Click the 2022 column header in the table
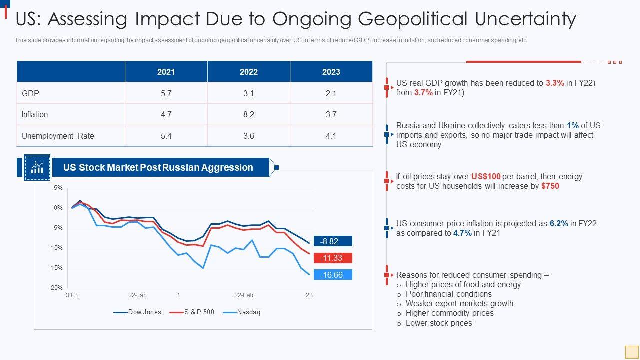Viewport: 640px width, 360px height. pyautogui.click(x=248, y=72)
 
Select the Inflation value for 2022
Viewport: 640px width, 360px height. pyautogui.click(x=248, y=114)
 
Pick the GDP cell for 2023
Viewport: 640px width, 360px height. pyautogui.click(x=331, y=93)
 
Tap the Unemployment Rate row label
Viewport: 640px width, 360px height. pyautogui.click(x=58, y=136)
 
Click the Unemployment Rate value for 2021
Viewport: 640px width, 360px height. pyautogui.click(x=166, y=136)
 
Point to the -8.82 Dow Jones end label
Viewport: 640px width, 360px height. pyautogui.click(x=333, y=241)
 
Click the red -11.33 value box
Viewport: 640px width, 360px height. pyautogui.click(x=333, y=258)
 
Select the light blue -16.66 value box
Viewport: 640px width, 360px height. pyautogui.click(x=333, y=275)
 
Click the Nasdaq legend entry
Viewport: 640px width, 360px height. pyautogui.click(x=248, y=312)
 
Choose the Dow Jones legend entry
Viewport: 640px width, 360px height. pyautogui.click(x=144, y=312)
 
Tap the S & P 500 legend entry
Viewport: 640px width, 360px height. pyautogui.click(x=199, y=312)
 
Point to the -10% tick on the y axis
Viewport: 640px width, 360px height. pyautogui.click(x=56, y=248)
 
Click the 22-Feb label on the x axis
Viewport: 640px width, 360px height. pyautogui.click(x=244, y=295)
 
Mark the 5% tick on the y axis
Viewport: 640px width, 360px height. pyautogui.click(x=58, y=188)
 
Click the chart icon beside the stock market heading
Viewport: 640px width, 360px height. pyautogui.click(x=37, y=167)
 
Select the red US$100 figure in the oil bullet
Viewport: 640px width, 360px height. pyautogui.click(x=486, y=176)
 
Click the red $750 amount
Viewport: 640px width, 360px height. pyautogui.click(x=550, y=186)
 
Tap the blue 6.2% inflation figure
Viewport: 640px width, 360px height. pyautogui.click(x=559, y=223)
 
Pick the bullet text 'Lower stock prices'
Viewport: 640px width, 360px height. pyautogui.click(x=439, y=323)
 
